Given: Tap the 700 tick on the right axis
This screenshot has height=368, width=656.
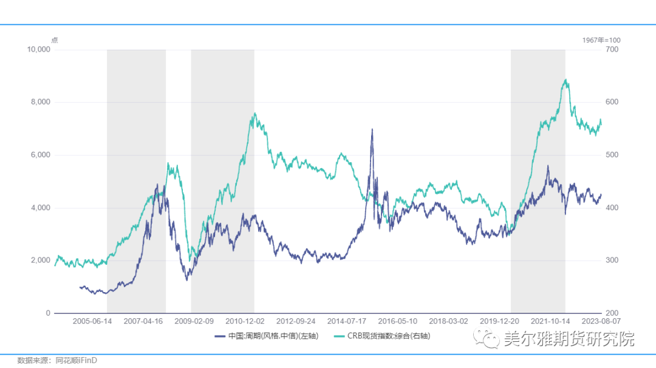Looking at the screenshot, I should point(610,50).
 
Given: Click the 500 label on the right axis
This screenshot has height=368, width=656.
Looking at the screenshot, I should point(610,155).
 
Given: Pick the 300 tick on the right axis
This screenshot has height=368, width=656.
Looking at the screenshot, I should point(610,261).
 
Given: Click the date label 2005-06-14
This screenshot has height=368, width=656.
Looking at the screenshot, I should point(93,321).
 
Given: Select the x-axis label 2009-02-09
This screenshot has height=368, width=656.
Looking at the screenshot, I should point(194,321).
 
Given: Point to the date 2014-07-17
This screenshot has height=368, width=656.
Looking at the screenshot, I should point(346,321).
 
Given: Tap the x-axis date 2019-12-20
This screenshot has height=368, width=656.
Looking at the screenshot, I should point(499,321).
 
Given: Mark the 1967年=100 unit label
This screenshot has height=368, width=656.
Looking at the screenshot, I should point(601,40).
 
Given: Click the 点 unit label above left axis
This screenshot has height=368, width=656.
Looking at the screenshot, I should point(55,40).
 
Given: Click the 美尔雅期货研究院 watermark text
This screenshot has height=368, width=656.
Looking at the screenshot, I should point(569,338).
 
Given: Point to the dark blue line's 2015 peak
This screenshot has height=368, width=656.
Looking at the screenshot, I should point(372,129).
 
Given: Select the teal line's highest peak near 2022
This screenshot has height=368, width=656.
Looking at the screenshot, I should point(565,80).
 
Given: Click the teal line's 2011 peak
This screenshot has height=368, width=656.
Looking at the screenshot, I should point(254,114).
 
